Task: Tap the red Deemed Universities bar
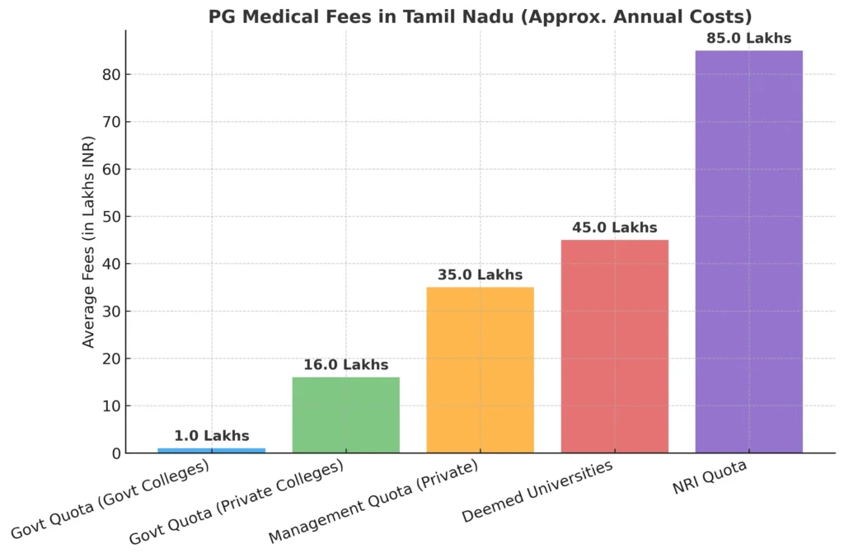[614, 346]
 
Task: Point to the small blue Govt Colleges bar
[212, 450]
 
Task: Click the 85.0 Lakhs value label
[748, 38]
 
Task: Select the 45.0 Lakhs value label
[614, 227]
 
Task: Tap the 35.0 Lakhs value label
[480, 274]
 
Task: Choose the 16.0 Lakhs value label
[345, 364]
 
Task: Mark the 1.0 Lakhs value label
[212, 436]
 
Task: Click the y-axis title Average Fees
[89, 241]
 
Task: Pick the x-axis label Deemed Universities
[538, 492]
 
